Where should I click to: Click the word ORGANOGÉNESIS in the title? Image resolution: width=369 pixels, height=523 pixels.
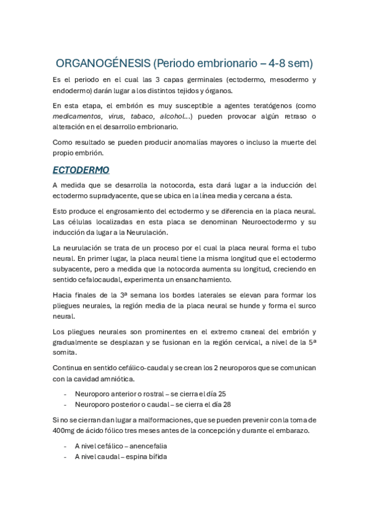tap(102, 63)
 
